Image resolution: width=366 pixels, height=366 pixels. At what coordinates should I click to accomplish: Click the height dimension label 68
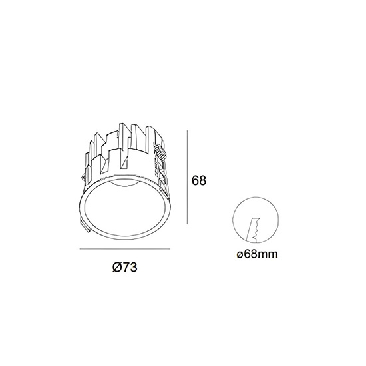199,180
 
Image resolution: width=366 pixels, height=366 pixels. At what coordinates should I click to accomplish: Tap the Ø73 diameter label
124,267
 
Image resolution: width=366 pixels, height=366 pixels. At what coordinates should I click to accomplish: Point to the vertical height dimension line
187,177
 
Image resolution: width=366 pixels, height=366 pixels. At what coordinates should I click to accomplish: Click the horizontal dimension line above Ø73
125,249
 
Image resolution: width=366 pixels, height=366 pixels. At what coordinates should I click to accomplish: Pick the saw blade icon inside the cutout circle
253,230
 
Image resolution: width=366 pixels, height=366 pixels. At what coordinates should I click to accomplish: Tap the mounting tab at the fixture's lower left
85,226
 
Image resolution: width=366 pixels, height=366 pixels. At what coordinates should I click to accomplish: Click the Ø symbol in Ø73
116,267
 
